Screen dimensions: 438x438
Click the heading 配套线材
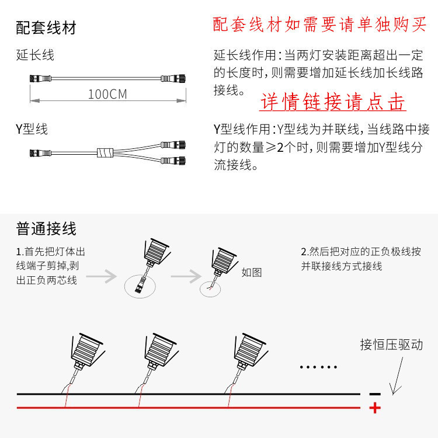pyautogui.click(x=46, y=27)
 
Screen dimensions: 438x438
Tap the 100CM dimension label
pyautogui.click(x=107, y=94)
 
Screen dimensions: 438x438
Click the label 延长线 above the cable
pyautogui.click(x=36, y=55)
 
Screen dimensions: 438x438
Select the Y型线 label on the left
pyautogui.click(x=32, y=129)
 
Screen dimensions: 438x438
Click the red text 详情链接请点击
pyautogui.click(x=332, y=102)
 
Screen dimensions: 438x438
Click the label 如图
pyautogui.click(x=251, y=272)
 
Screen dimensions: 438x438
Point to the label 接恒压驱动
pyautogui.click(x=391, y=345)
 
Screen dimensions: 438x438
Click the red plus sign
pyautogui.click(x=375, y=408)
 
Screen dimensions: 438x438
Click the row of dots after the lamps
pyautogui.click(x=318, y=367)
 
